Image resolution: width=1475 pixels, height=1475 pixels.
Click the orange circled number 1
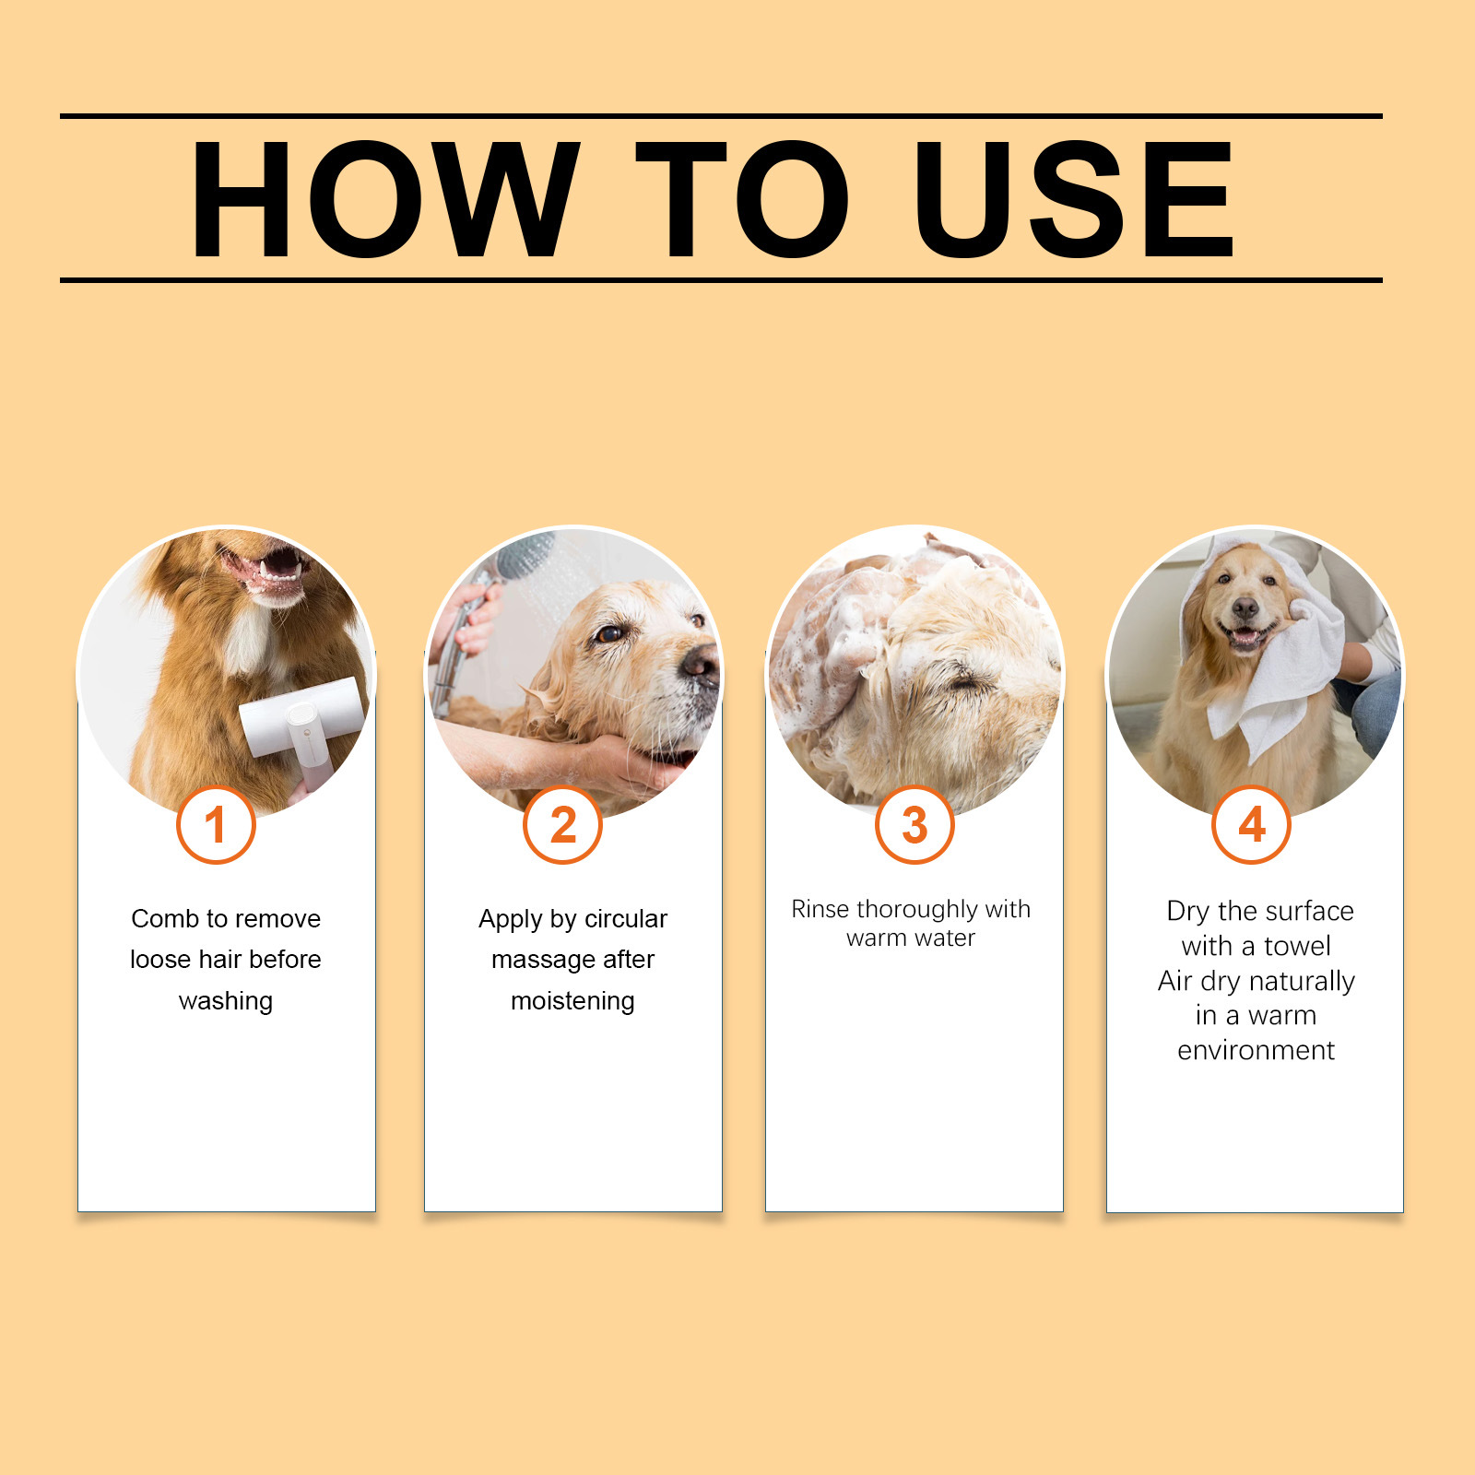216,825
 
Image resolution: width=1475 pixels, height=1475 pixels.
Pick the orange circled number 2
562,825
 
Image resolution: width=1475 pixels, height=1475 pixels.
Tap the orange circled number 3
914,825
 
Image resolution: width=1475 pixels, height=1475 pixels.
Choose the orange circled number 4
1251,825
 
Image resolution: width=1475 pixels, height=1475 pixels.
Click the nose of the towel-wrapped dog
1245,608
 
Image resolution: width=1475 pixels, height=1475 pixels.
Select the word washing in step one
226,1001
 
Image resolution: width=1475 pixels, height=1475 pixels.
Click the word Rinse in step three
820,909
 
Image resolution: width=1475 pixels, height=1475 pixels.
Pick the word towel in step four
1297,946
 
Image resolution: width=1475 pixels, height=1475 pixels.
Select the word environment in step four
1256,1050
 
